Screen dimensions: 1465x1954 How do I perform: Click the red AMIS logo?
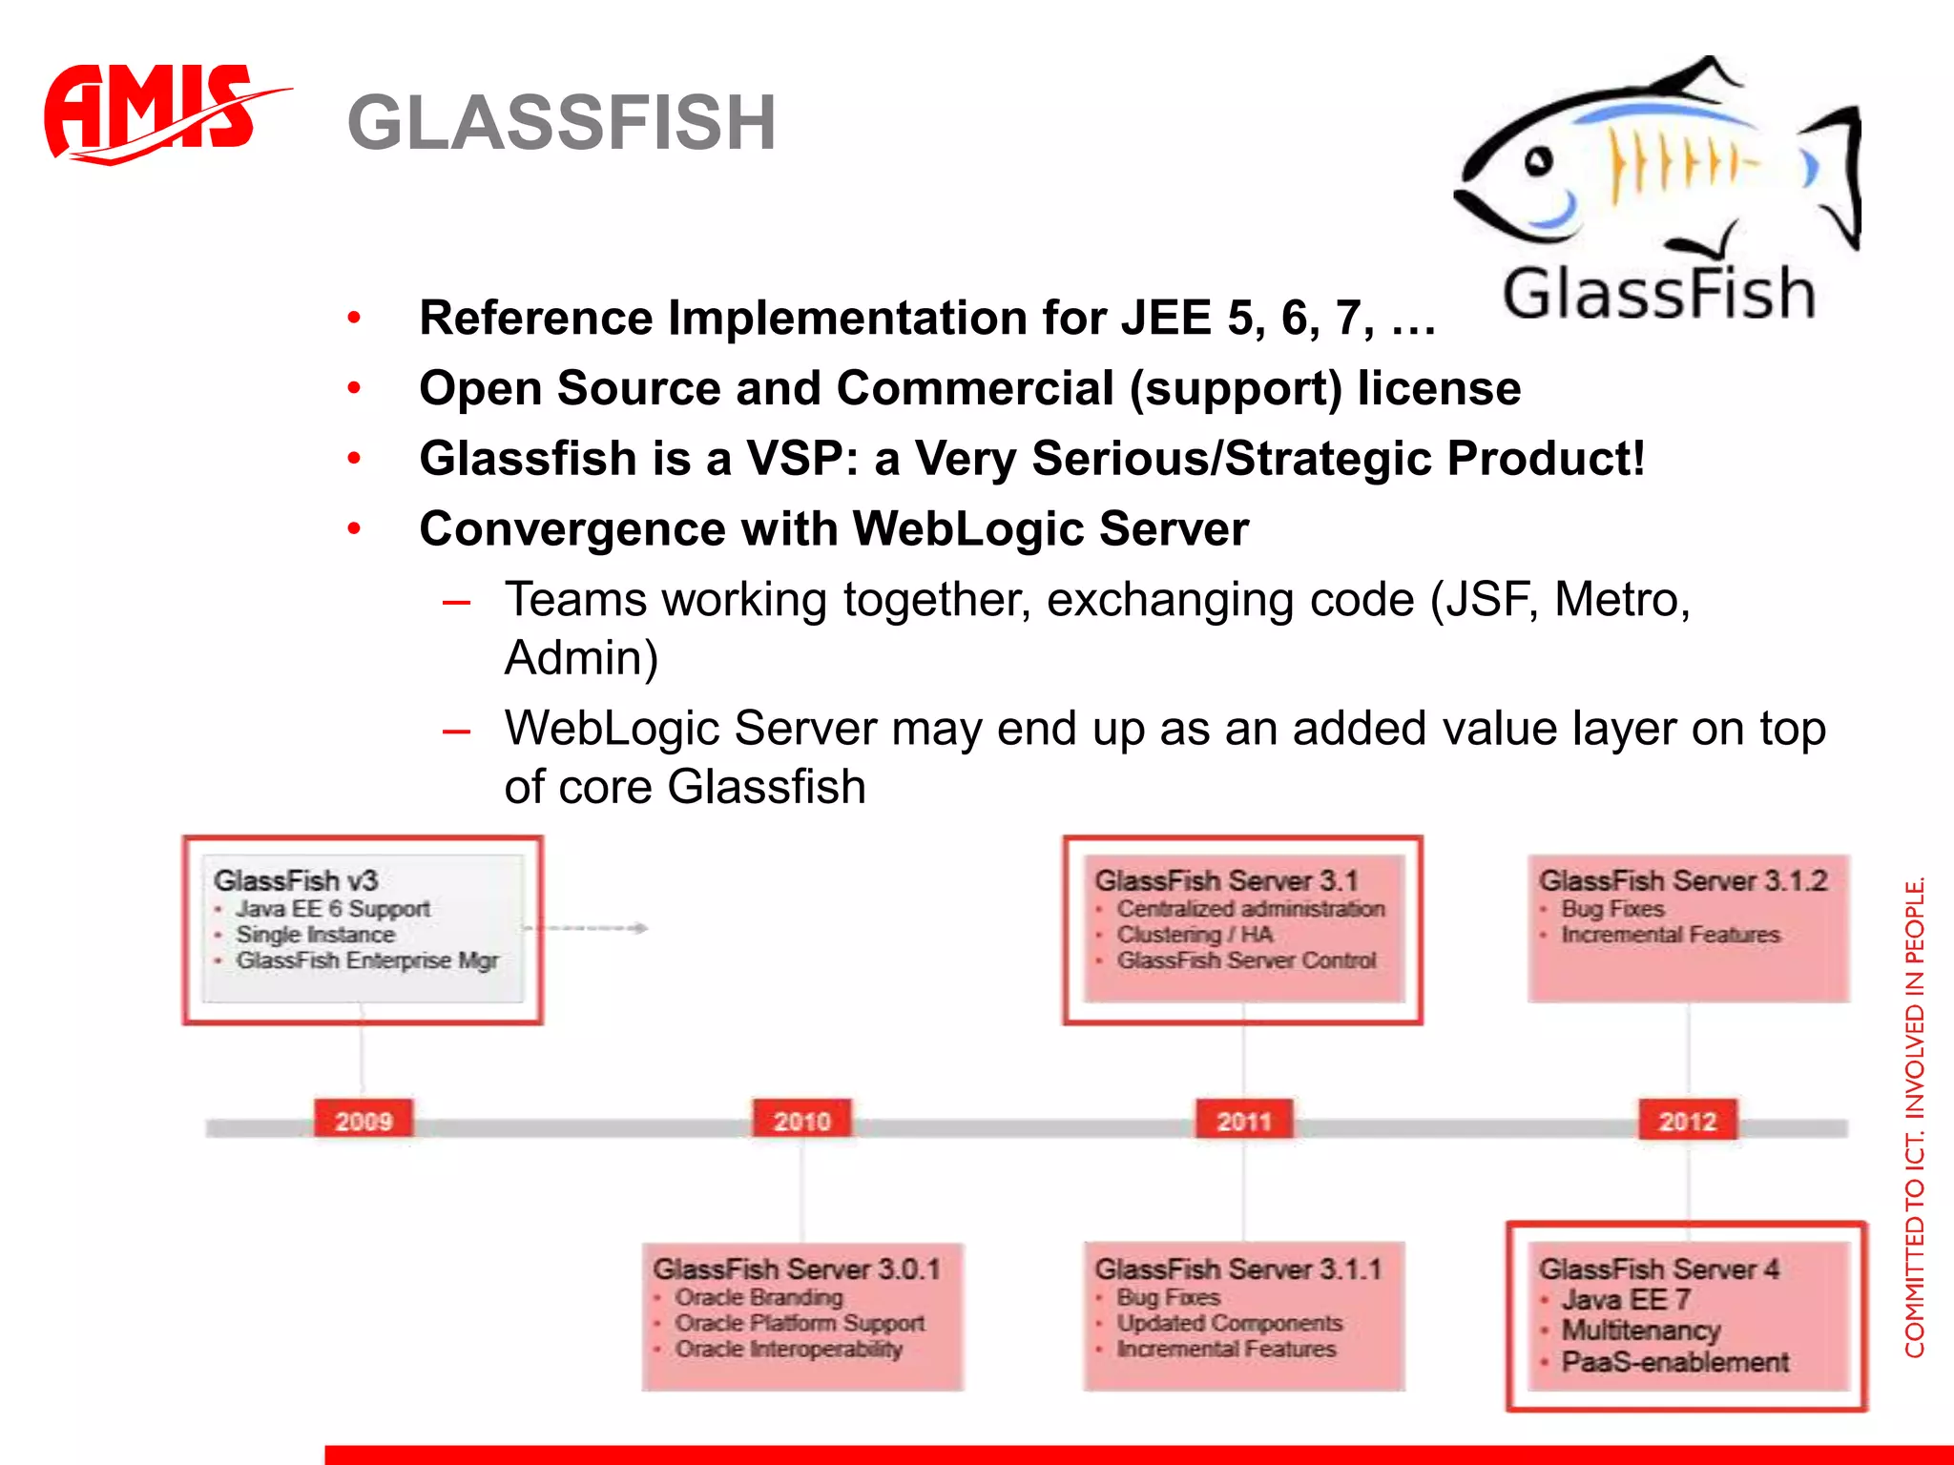point(153,113)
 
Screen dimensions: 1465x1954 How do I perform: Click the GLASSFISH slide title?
point(561,123)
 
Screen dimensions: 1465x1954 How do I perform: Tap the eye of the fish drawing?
point(1537,162)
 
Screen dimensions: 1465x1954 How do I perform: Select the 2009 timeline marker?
point(364,1121)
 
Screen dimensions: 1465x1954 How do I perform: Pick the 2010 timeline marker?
point(801,1121)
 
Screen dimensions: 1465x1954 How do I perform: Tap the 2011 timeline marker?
point(1244,1121)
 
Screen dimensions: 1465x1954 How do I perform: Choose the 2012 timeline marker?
point(1687,1121)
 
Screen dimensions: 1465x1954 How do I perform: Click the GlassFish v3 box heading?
point(296,880)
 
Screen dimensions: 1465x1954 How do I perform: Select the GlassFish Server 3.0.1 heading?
point(797,1269)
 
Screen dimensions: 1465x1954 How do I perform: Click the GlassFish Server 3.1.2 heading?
point(1683,880)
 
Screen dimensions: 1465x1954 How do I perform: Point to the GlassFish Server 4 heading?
point(1658,1269)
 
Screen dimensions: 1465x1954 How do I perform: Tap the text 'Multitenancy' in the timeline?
point(1641,1330)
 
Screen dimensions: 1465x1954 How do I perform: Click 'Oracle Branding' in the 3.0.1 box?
point(759,1297)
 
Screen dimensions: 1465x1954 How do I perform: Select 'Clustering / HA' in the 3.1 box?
point(1195,935)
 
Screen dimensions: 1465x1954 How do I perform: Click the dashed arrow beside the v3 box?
point(587,927)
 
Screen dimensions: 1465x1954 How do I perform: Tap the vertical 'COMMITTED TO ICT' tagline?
point(1914,1116)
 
